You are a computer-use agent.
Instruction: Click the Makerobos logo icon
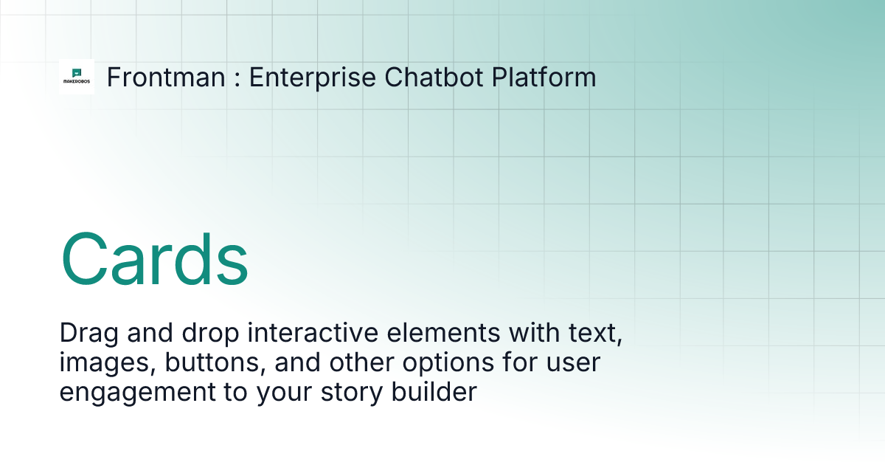[77, 77]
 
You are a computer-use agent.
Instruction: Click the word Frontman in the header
[166, 77]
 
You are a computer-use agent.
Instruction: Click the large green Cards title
[154, 260]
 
